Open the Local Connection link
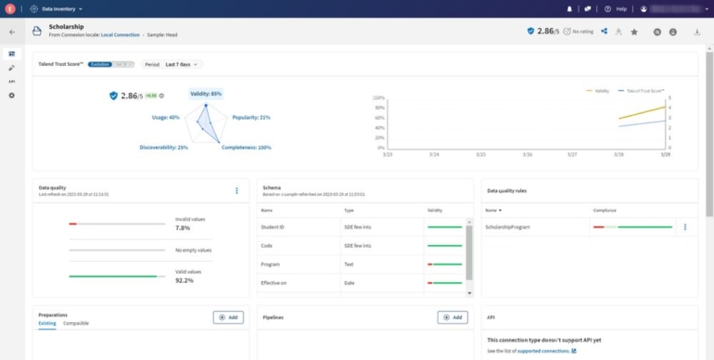click(x=121, y=35)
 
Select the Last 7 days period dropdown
click(x=183, y=64)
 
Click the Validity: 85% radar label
click(x=206, y=94)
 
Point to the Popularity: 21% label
click(x=251, y=118)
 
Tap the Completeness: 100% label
click(x=247, y=148)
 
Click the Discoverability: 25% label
click(x=164, y=148)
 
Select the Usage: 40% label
click(x=166, y=118)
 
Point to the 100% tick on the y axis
click(x=378, y=97)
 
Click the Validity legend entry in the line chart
click(x=601, y=91)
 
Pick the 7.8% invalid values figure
click(x=183, y=228)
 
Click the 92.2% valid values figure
click(x=185, y=280)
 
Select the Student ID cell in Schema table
click(x=274, y=227)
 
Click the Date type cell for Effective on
click(x=349, y=282)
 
